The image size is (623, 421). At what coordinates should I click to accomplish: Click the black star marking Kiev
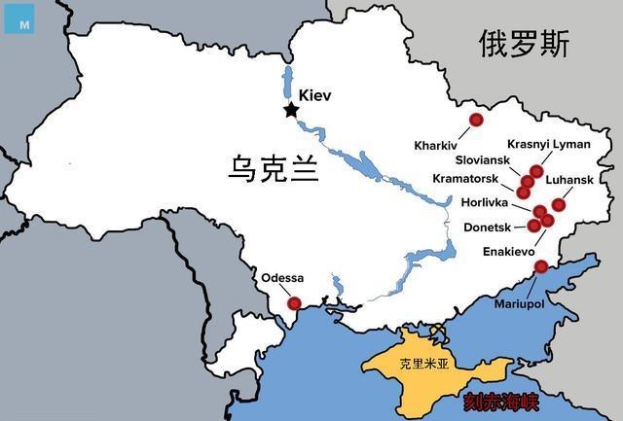[290, 110]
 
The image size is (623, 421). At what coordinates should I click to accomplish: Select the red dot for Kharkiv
[476, 120]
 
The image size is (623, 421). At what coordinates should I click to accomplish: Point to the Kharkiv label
[435, 145]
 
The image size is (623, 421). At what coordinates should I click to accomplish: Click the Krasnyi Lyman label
[549, 144]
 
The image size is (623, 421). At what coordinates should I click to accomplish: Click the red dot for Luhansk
[558, 204]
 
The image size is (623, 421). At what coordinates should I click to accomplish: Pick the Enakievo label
[509, 251]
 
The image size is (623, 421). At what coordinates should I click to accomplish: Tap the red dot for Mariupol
[541, 266]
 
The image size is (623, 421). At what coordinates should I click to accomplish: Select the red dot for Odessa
[294, 303]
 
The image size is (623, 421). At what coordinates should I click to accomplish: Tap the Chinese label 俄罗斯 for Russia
[524, 44]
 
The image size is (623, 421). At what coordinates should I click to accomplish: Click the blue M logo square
[18, 19]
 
